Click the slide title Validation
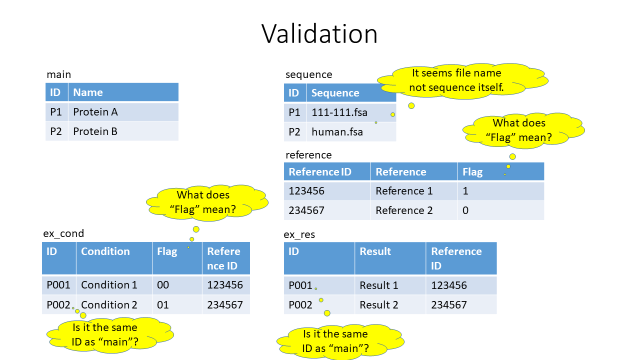pyautogui.click(x=319, y=34)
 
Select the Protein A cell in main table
pyautogui.click(x=95, y=112)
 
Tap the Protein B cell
pyautogui.click(x=95, y=131)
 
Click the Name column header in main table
pyautogui.click(x=88, y=92)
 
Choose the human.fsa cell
pyautogui.click(x=337, y=132)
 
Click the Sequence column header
pyautogui.click(x=335, y=93)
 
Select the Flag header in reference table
pyautogui.click(x=472, y=172)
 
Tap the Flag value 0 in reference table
pyautogui.click(x=465, y=210)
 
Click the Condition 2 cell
pyautogui.click(x=109, y=304)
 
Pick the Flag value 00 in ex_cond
pyautogui.click(x=163, y=285)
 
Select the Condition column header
pyautogui.click(x=105, y=251)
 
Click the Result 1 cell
pyautogui.click(x=379, y=285)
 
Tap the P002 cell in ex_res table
pyautogui.click(x=300, y=305)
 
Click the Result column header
pyautogui.click(x=375, y=251)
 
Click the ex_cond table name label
pyautogui.click(x=63, y=233)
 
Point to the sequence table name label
pyautogui.click(x=308, y=74)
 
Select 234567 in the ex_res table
pyautogui.click(x=449, y=305)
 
